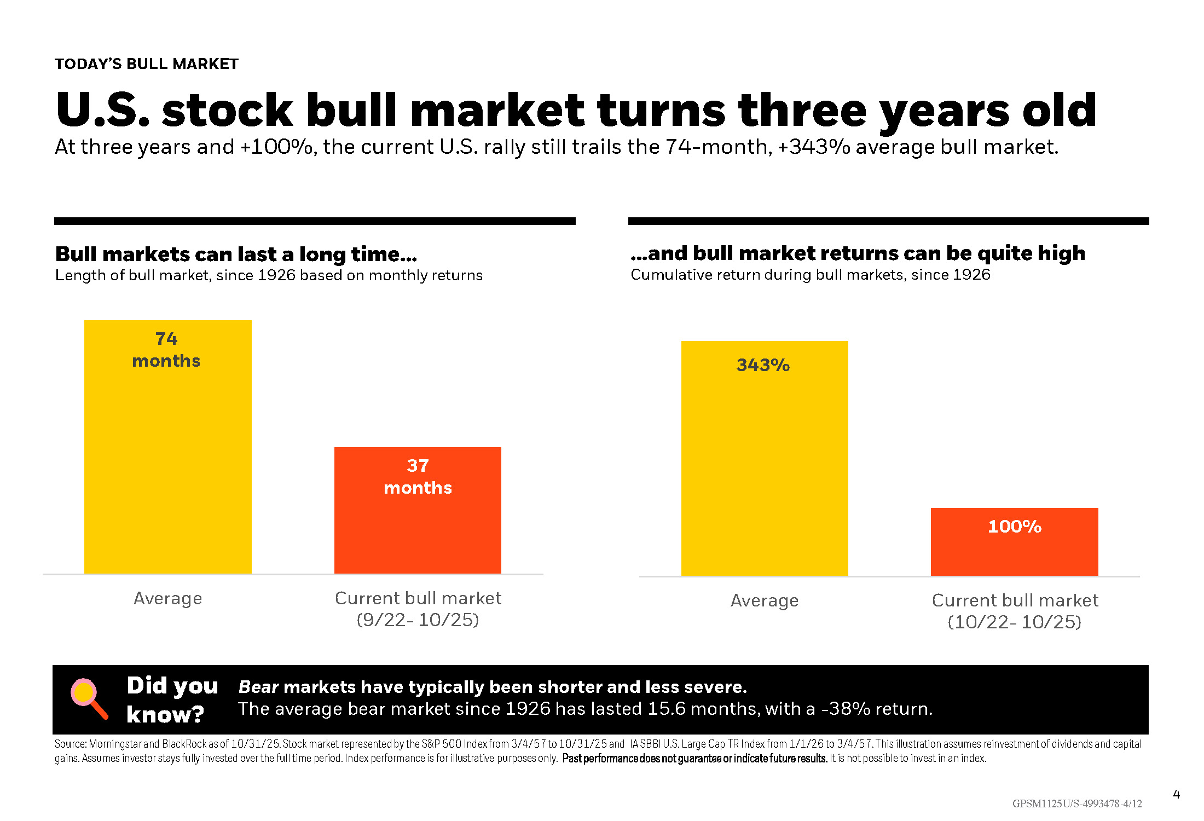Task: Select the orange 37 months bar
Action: [418, 525]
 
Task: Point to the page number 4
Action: [1176, 795]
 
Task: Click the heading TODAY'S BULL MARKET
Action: [147, 64]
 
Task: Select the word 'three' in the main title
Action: [802, 111]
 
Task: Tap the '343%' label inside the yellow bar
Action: [763, 365]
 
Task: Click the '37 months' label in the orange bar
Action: [418, 477]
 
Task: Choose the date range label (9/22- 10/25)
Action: [418, 620]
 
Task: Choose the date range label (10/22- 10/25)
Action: [1014, 622]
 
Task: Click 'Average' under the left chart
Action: [167, 598]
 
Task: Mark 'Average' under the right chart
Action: [765, 600]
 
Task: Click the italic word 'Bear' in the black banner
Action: [258, 687]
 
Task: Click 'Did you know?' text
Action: [172, 699]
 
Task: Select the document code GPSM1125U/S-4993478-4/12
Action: [1077, 803]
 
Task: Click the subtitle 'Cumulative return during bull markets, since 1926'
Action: [811, 275]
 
